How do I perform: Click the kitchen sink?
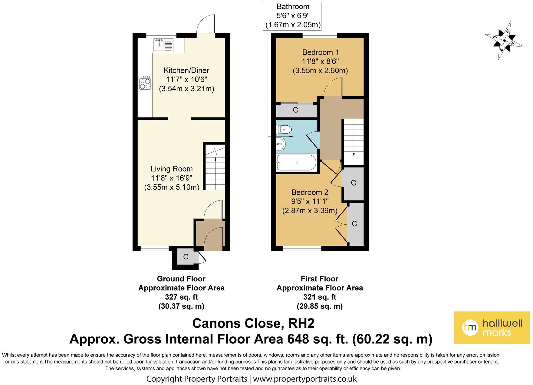(163, 45)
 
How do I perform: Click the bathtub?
(296, 163)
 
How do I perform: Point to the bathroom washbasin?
(281, 143)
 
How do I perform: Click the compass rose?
(504, 40)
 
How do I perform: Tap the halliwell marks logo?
(492, 327)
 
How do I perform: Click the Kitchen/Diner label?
(186, 71)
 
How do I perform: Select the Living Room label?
(172, 169)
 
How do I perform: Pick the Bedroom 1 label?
(321, 52)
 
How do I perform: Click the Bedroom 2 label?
(310, 192)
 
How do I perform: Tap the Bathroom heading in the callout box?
(293, 6)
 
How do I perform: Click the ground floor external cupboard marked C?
(186, 257)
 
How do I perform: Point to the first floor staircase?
(353, 142)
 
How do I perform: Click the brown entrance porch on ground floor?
(210, 235)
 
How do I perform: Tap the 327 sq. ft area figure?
(181, 297)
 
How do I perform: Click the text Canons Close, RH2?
(253, 323)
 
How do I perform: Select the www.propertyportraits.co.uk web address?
(305, 379)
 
